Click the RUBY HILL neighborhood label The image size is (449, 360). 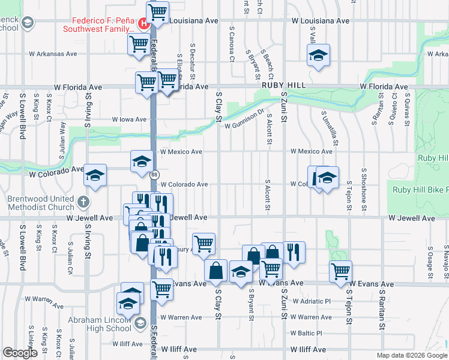(280, 86)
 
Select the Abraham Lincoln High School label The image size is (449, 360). (100, 324)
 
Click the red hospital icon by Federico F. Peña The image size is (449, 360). (143, 24)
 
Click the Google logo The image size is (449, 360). (20, 353)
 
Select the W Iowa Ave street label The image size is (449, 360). (129, 119)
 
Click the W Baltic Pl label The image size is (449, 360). (306, 333)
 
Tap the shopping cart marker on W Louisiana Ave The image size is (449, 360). (157, 11)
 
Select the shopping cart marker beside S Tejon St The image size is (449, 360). (341, 271)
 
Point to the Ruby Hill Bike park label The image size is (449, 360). (420, 190)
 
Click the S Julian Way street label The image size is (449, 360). (62, 140)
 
